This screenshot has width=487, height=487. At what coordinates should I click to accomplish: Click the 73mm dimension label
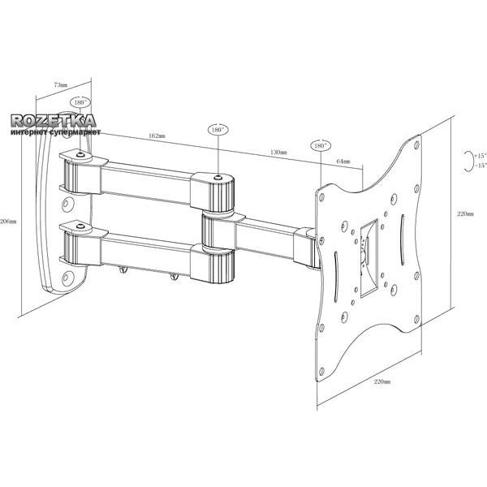point(60,84)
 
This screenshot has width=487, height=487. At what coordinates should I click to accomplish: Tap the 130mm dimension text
point(278,153)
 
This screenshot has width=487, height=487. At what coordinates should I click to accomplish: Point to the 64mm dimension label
point(343,162)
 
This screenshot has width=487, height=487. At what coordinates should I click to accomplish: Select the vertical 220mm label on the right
point(465,213)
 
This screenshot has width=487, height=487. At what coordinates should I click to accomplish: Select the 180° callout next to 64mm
point(319,145)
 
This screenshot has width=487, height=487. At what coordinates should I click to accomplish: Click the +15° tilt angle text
point(480,154)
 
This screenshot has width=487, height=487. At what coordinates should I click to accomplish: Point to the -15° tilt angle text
point(480,166)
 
